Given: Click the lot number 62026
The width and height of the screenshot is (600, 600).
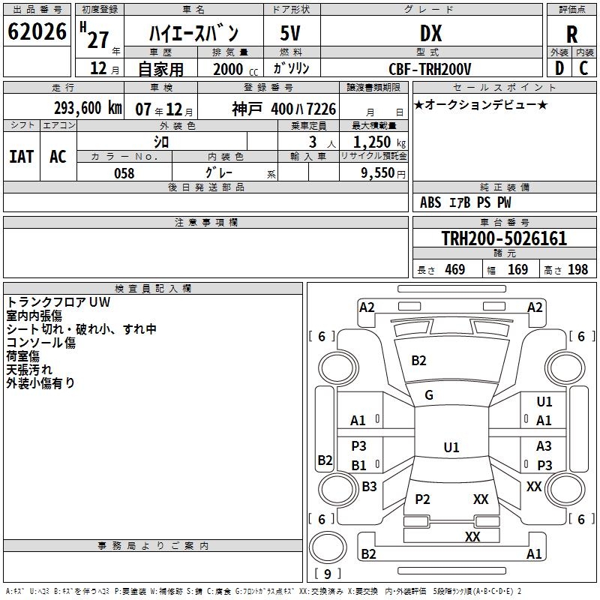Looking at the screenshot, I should (x=37, y=32).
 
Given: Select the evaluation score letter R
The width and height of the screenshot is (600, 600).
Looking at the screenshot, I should (x=571, y=34).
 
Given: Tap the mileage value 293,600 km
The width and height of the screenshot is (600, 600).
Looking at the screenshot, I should (x=87, y=108).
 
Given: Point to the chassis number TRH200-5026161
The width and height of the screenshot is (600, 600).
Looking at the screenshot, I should (x=503, y=239).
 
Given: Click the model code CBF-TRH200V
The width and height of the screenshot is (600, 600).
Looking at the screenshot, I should (x=430, y=69).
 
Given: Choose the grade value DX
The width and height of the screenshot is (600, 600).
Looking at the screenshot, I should (x=430, y=34).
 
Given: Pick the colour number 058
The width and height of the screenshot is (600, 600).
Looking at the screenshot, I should (x=124, y=173).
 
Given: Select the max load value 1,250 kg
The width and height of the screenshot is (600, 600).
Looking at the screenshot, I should (x=375, y=142).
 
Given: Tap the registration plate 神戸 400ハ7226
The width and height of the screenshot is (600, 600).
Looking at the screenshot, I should (x=283, y=109).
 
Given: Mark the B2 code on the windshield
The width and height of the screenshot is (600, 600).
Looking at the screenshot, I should (x=418, y=361).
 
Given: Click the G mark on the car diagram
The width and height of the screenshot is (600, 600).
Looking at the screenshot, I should (x=429, y=395).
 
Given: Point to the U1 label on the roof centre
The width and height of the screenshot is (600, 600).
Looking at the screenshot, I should (x=451, y=448).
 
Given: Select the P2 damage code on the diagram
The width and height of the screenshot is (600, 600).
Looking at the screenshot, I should (x=422, y=499).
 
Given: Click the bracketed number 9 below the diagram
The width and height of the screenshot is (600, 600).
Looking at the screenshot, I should (x=328, y=574).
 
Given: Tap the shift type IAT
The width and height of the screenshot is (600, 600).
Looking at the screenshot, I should (x=21, y=156).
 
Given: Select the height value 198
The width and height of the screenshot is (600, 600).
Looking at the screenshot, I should (x=577, y=270).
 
